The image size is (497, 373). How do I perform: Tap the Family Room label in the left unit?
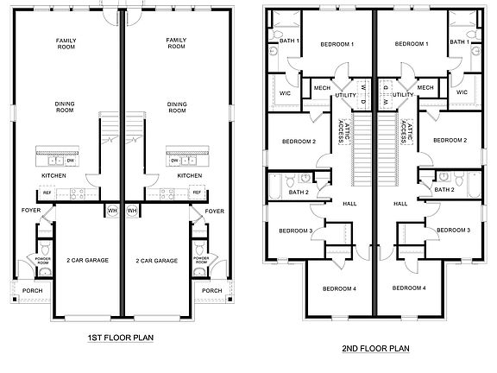tap(63, 43)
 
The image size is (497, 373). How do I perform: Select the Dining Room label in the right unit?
tap(177, 107)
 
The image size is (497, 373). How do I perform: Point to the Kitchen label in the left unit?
tap(54, 175)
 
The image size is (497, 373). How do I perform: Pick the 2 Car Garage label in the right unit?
tap(157, 260)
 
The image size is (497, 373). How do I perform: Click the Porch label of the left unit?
tap(32, 291)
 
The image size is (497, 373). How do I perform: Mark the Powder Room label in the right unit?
tap(201, 258)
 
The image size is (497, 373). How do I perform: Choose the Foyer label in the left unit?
tap(30, 210)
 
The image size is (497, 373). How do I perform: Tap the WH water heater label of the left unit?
tap(112, 210)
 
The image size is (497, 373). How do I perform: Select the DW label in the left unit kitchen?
tap(70, 161)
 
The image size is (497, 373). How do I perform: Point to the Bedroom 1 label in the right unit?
tap(412, 44)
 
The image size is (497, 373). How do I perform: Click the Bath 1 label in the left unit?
tap(289, 41)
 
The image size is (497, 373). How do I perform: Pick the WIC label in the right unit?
tap(462, 92)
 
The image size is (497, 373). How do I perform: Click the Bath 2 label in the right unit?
tap(444, 190)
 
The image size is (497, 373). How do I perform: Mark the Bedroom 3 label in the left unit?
tap(295, 231)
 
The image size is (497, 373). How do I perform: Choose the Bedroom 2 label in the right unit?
tap(450, 140)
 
